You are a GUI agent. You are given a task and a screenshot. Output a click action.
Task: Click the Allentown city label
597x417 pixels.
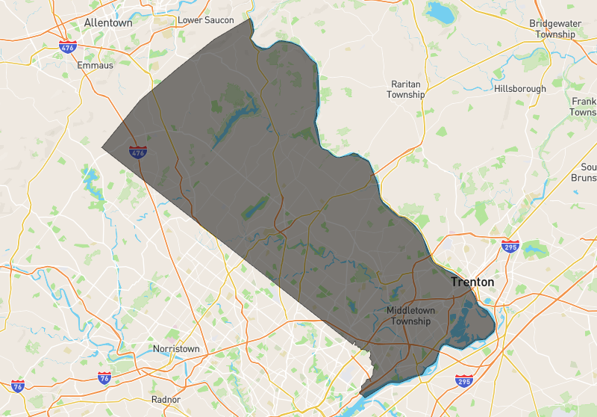click(x=108, y=22)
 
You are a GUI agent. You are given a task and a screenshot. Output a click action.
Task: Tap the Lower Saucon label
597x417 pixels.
click(x=206, y=20)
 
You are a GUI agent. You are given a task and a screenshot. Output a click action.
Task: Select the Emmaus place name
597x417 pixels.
click(x=95, y=66)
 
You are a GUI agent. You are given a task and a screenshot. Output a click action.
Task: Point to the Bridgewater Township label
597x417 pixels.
click(x=555, y=29)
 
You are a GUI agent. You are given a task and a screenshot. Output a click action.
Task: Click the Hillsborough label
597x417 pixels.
click(x=520, y=88)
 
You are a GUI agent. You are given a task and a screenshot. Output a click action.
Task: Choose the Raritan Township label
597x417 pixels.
click(x=406, y=90)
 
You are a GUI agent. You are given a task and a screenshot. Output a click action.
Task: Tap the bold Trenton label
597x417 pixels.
click(x=472, y=282)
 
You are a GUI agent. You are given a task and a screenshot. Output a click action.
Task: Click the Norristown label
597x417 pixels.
click(x=176, y=349)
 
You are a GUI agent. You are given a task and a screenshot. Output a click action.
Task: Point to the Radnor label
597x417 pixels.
click(x=166, y=399)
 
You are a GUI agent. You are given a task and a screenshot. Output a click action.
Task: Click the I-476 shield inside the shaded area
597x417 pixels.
click(x=137, y=152)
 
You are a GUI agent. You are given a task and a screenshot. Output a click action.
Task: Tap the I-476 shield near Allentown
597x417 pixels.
click(x=67, y=47)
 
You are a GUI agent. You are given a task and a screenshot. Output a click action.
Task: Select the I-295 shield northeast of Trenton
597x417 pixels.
click(x=510, y=247)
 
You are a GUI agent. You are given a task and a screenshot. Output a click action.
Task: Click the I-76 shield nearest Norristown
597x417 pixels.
click(x=104, y=378)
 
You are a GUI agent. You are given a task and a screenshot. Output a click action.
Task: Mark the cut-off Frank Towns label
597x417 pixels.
click(x=584, y=106)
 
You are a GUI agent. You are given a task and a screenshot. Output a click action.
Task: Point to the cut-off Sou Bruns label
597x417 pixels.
click(x=587, y=173)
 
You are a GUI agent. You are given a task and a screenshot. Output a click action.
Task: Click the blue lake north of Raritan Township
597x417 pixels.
click(x=440, y=13)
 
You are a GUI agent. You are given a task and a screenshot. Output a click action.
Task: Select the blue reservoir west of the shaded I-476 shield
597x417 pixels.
click(x=92, y=179)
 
